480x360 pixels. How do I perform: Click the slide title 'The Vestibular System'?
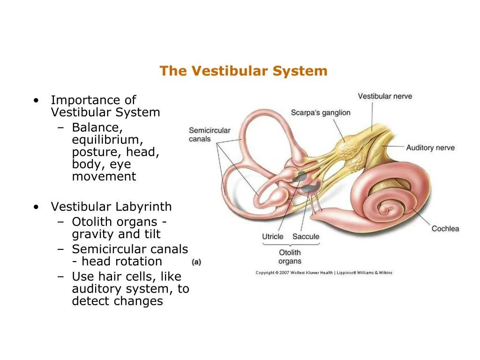(243, 71)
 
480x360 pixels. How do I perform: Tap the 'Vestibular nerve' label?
(385, 96)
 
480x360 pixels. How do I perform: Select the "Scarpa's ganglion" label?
(320, 112)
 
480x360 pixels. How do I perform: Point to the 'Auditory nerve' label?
(430, 148)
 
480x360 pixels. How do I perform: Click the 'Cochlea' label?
(445, 229)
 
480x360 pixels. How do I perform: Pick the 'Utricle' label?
(272, 237)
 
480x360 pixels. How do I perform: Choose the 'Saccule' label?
(306, 237)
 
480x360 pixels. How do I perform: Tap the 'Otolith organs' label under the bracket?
(289, 257)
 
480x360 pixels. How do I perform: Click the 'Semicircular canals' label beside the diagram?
(210, 135)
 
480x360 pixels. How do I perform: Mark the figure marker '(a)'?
(196, 262)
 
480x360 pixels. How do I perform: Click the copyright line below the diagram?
(324, 273)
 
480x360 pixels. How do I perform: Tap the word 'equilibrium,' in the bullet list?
(107, 140)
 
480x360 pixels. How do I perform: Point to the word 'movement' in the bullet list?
(104, 177)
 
